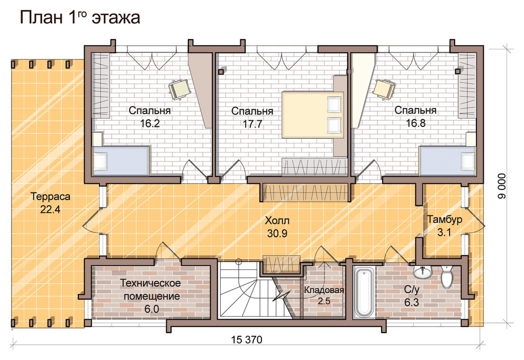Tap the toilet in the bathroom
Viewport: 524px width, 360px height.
coord(447,277)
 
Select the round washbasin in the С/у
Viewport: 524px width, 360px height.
coord(423,272)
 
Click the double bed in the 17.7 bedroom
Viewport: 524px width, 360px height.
coord(313,115)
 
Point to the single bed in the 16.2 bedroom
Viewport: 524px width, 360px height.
coord(121,161)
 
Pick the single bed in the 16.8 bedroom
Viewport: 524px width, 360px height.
coord(447,161)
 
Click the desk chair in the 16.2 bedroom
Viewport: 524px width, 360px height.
coord(179,89)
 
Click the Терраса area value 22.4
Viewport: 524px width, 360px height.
coord(50,210)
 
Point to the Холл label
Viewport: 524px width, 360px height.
coord(277,221)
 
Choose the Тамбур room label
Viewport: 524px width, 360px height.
coord(445,219)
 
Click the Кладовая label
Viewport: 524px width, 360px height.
coord(324,290)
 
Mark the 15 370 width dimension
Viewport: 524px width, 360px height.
coord(247,340)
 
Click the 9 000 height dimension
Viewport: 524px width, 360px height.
coord(502,186)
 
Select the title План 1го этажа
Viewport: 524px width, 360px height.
coord(80,17)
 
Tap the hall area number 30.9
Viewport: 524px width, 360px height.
coord(277,233)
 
